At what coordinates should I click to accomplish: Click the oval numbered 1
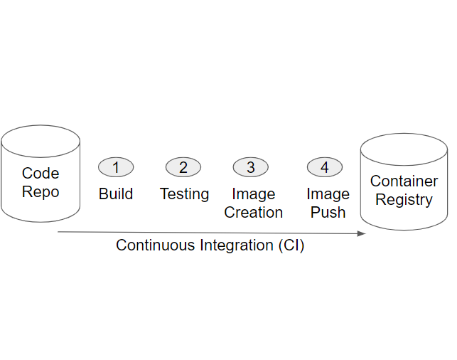[x=116, y=167]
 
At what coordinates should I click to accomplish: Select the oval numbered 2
[x=183, y=167]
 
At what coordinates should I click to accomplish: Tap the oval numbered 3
[x=251, y=167]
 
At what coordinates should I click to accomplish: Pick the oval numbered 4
[x=325, y=167]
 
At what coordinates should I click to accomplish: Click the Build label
[x=116, y=194]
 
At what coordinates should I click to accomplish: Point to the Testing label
[x=184, y=194]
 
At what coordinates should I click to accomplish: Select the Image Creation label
[x=254, y=203]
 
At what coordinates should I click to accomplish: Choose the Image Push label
[x=328, y=203]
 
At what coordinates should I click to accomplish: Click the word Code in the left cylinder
[x=41, y=173]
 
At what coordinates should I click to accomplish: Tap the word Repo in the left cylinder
[x=41, y=191]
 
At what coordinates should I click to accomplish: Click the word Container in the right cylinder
[x=404, y=181]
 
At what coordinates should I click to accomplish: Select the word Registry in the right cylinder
[x=404, y=200]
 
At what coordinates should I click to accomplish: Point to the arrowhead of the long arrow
[x=362, y=233]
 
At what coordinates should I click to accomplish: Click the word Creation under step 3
[x=254, y=212]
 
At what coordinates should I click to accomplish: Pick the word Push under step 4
[x=328, y=212]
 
